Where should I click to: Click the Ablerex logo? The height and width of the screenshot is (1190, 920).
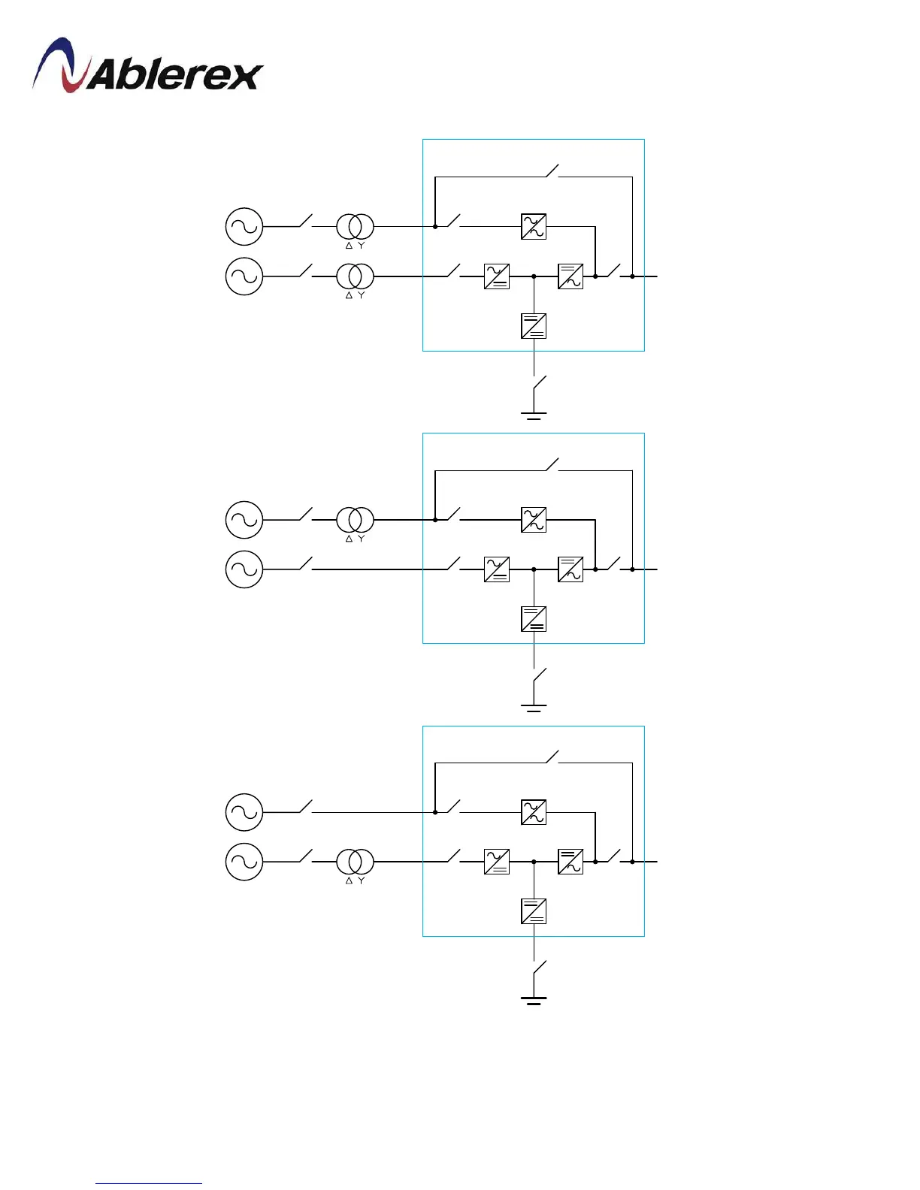[x=147, y=67]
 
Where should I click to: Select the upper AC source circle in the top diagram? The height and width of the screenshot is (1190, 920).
[x=244, y=226]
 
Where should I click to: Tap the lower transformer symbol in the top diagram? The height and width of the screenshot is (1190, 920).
[x=355, y=276]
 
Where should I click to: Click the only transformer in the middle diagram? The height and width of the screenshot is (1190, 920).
[x=355, y=520]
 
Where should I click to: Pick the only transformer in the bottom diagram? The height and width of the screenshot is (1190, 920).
[x=355, y=862]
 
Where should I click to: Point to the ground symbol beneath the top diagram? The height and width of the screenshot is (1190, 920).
[x=534, y=415]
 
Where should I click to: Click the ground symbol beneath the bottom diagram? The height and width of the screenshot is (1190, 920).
[x=534, y=1000]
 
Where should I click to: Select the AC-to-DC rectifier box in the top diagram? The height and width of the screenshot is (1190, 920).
[x=497, y=276]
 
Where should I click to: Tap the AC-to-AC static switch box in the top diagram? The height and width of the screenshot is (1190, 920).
[x=534, y=226]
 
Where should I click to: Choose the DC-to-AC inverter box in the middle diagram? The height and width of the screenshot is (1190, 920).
[x=570, y=569]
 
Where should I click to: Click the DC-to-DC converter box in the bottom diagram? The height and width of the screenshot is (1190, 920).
[x=534, y=911]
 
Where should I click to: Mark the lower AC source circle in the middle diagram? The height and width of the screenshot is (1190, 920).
[x=244, y=569]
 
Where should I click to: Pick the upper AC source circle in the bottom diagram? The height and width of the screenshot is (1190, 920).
[x=244, y=812]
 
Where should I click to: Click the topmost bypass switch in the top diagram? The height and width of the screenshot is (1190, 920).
[x=552, y=171]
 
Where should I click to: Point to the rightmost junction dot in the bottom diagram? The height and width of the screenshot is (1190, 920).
[x=632, y=862]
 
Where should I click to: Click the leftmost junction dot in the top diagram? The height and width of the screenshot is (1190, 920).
[x=435, y=226]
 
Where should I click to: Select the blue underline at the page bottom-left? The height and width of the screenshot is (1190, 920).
[x=149, y=1183]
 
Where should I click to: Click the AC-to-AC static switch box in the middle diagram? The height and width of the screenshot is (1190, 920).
[x=534, y=520]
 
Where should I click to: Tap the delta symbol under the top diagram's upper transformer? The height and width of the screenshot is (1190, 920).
[x=349, y=246]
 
